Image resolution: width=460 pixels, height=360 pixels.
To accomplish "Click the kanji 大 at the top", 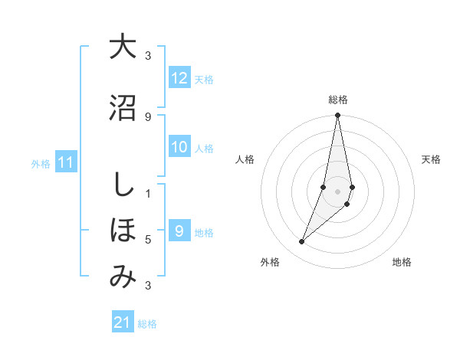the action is point(122,47).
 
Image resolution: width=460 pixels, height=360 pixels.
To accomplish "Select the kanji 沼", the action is point(122,107).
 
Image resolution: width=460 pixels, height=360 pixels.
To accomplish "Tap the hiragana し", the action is point(121,185).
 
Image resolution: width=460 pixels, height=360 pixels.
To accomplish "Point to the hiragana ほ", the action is point(122,231).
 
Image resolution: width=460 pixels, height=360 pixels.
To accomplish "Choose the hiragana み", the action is point(122,277).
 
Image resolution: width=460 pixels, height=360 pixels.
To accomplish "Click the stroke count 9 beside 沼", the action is point(148,116).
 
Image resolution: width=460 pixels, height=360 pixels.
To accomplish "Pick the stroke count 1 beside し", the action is point(148,193).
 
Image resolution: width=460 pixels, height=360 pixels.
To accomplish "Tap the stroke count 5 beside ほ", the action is point(148,240).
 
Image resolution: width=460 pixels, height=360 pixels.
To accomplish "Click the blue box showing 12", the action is point(179,78).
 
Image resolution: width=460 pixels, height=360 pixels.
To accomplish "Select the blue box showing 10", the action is point(179,148).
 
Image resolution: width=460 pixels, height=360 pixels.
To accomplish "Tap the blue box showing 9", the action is point(179,231).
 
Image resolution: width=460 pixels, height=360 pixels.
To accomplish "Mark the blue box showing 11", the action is point(66,162).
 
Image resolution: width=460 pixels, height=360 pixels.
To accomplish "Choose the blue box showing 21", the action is point(122,322).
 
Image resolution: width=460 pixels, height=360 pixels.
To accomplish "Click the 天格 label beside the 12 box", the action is point(204,79).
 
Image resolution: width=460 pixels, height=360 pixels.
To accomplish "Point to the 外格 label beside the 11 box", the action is point(41,163).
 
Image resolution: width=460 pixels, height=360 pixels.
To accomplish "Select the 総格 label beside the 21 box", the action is point(147,323).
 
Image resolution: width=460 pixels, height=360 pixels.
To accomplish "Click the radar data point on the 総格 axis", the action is point(337,116).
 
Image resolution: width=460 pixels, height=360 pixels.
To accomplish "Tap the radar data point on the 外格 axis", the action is point(301,242).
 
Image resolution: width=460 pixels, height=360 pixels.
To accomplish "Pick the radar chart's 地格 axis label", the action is point(402,262).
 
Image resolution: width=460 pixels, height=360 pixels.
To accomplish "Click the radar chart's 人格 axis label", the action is point(245,159).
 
